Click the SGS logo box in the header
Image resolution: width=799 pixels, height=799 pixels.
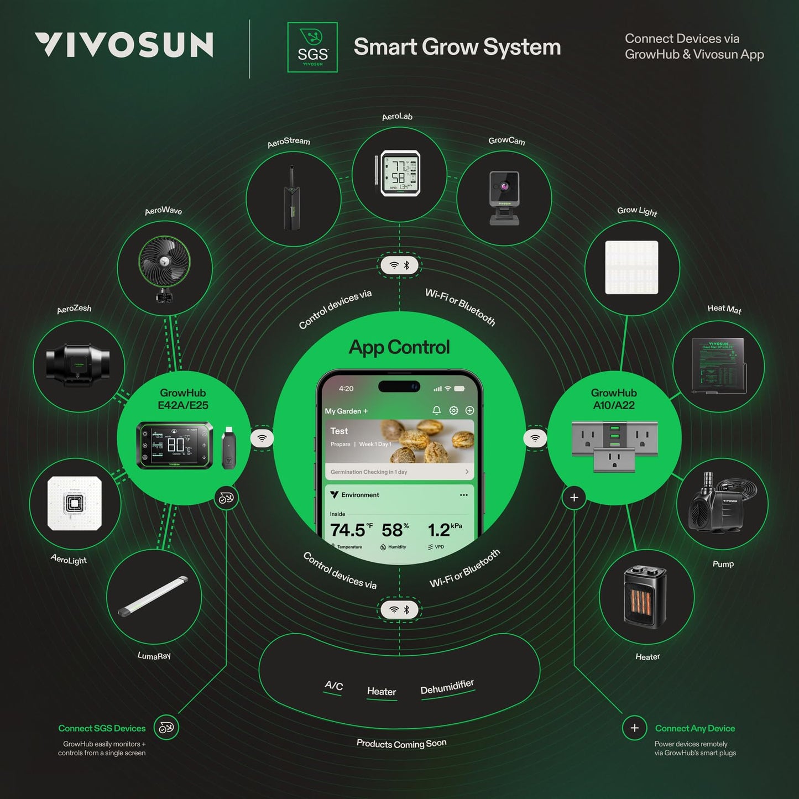click(312, 48)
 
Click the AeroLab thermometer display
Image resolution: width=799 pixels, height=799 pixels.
click(400, 174)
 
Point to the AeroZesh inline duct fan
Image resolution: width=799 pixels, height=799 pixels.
click(78, 365)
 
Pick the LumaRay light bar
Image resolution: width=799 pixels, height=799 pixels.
click(153, 596)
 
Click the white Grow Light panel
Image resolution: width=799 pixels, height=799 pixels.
click(631, 267)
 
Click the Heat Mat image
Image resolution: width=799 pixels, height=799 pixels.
click(718, 365)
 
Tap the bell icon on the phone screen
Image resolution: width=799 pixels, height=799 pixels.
click(436, 410)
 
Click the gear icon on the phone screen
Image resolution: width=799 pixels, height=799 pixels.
click(453, 410)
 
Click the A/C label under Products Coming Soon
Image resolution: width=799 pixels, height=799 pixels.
click(333, 686)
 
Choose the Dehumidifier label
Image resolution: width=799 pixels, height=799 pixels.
click(447, 687)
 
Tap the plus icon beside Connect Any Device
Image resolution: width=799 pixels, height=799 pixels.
click(634, 728)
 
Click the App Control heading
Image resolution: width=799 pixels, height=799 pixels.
click(399, 347)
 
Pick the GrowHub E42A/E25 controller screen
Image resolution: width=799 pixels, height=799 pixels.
click(175, 445)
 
